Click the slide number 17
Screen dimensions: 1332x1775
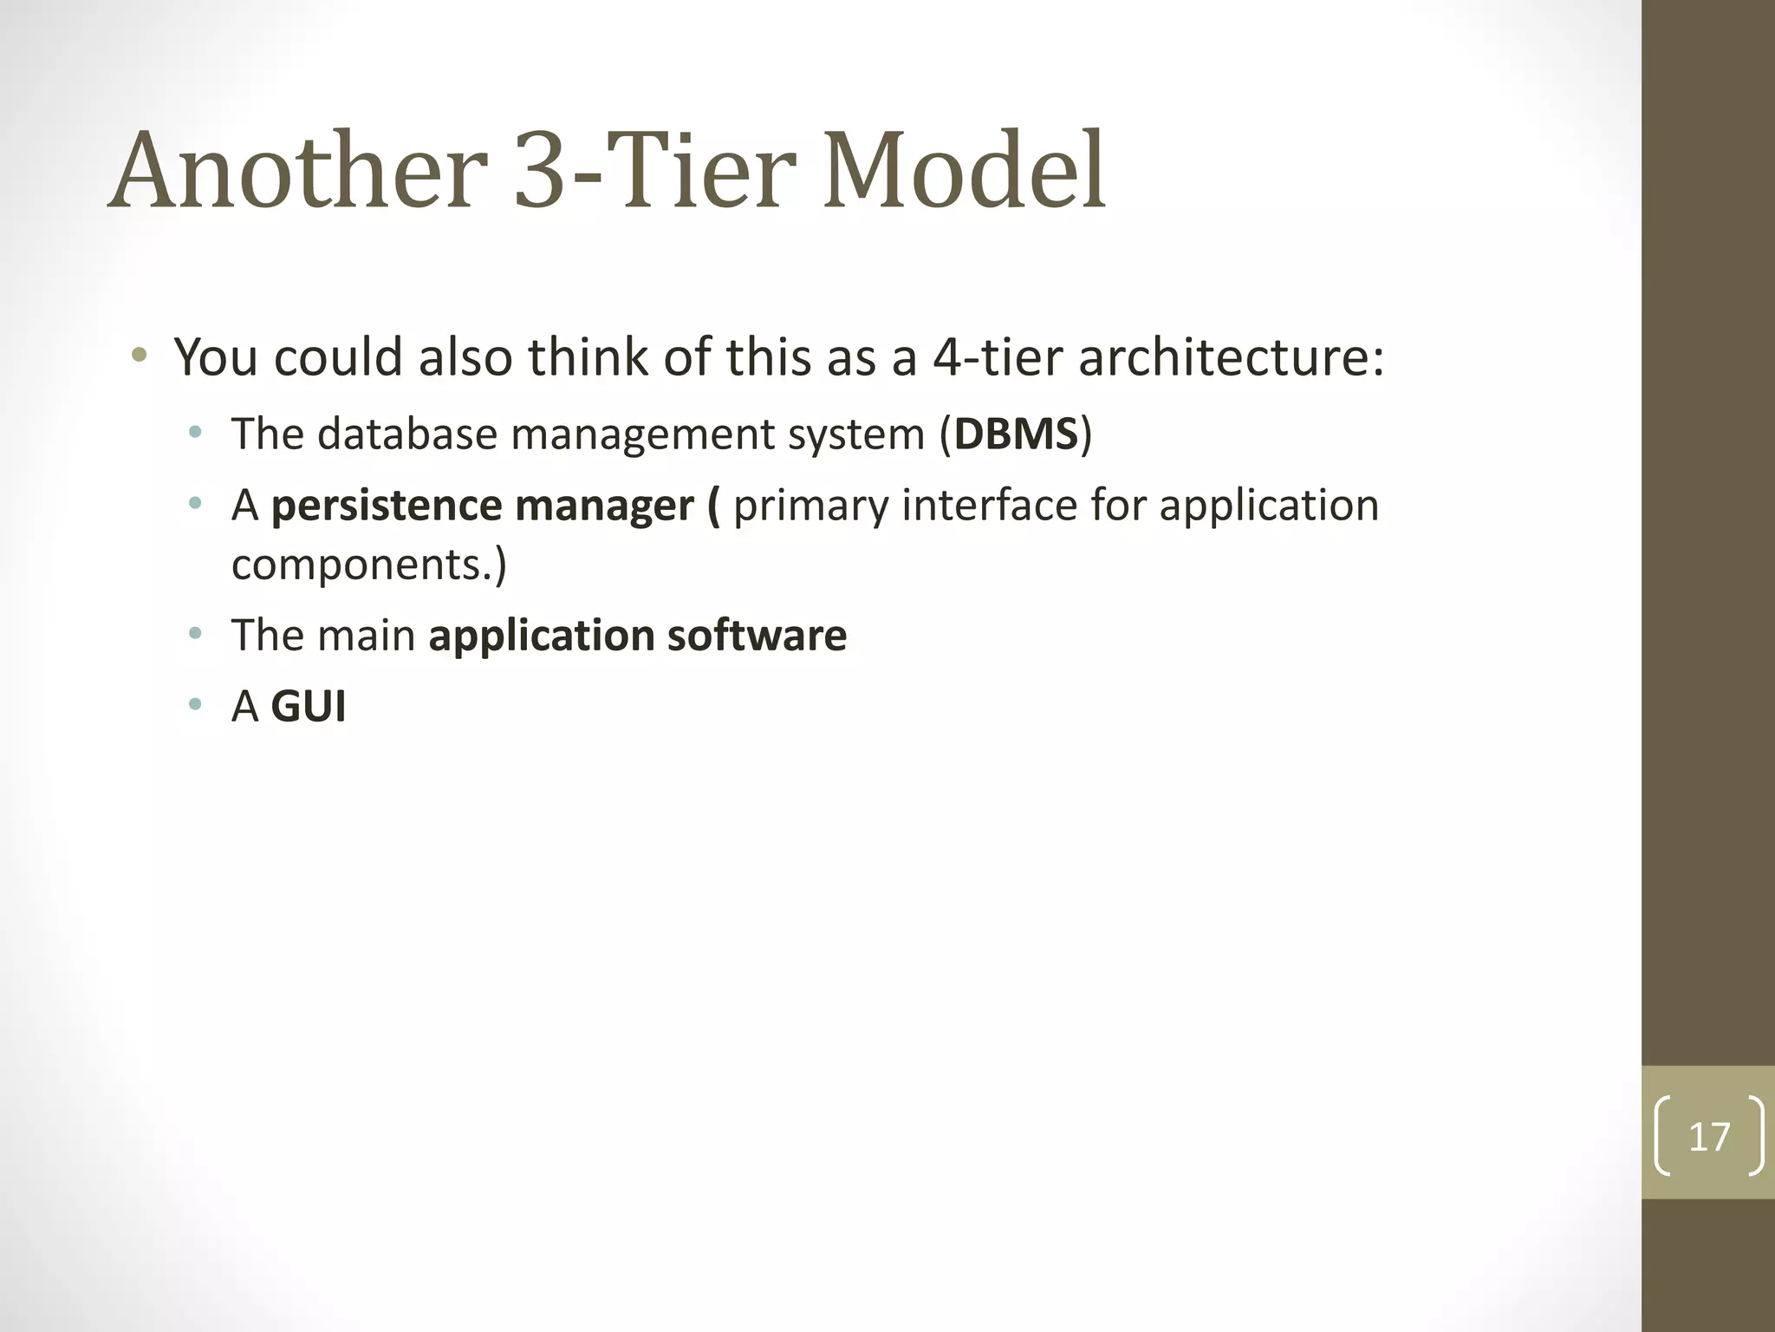click(x=1708, y=1136)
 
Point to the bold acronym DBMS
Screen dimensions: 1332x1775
click(x=1016, y=434)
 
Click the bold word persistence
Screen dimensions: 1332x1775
click(x=387, y=506)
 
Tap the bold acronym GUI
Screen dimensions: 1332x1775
click(x=309, y=707)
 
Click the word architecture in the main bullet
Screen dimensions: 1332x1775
click(x=1231, y=357)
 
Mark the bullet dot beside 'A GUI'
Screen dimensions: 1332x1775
click(x=195, y=704)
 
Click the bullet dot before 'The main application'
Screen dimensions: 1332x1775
click(x=195, y=633)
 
